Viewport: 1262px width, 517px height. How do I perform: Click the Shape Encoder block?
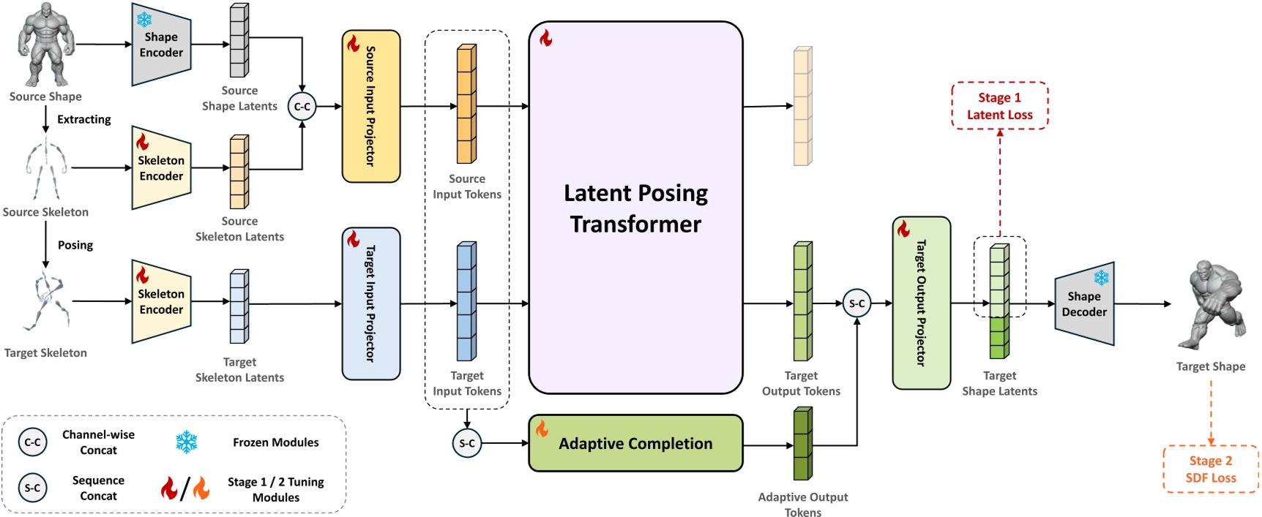click(161, 44)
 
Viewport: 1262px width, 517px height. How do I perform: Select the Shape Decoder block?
click(1084, 304)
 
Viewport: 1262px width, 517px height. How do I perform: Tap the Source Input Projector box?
click(371, 106)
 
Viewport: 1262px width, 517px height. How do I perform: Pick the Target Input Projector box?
click(371, 303)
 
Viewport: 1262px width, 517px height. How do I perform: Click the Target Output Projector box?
click(922, 303)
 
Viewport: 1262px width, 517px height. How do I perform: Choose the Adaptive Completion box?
click(635, 443)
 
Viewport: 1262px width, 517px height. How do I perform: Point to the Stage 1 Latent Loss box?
click(1000, 106)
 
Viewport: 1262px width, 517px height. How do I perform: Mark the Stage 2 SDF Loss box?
click(1211, 469)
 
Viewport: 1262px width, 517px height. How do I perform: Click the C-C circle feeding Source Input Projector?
click(302, 107)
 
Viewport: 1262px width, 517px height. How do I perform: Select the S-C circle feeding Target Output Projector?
click(856, 303)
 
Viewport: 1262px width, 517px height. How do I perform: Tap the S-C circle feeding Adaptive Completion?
click(467, 443)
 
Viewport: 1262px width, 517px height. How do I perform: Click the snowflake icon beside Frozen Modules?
click(187, 442)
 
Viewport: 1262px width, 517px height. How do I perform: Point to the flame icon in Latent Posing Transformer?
click(546, 38)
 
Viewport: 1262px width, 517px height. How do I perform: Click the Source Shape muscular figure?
click(46, 45)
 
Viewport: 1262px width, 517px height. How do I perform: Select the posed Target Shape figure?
click(1211, 305)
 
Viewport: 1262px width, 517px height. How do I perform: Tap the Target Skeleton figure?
click(46, 301)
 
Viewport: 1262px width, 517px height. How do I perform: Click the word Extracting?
click(84, 119)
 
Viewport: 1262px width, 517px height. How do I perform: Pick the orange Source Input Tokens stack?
click(466, 104)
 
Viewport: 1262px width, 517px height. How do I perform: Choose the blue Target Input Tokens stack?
click(466, 301)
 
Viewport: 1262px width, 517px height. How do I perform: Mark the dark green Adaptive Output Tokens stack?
click(803, 444)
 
